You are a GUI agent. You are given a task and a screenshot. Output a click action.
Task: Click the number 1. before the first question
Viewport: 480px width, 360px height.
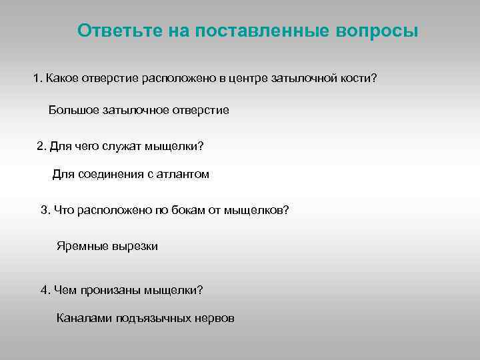click(x=38, y=79)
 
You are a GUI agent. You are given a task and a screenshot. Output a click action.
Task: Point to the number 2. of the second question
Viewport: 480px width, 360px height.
click(x=41, y=146)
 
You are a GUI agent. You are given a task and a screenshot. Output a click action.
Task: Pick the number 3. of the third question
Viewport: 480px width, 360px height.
click(x=45, y=210)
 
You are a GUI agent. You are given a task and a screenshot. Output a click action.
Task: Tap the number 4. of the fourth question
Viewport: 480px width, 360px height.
click(x=45, y=290)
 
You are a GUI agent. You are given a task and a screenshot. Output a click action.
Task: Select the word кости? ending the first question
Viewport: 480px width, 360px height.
click(x=357, y=79)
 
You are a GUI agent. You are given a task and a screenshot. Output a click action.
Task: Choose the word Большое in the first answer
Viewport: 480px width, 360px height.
click(x=74, y=110)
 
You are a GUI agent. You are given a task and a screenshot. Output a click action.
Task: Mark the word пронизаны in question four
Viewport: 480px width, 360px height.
click(x=109, y=290)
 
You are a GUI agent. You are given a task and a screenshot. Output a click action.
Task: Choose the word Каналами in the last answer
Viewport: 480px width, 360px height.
click(x=84, y=319)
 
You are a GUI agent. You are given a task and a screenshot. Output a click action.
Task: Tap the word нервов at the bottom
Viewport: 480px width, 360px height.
click(x=215, y=319)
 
